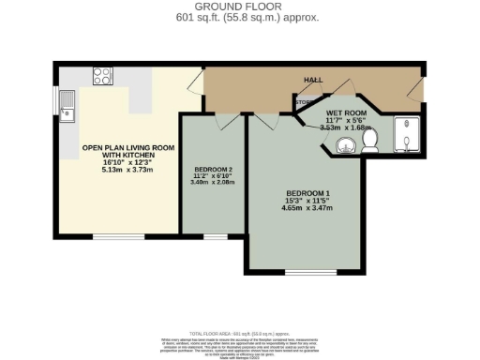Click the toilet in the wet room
point(369,142)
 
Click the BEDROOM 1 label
point(308,195)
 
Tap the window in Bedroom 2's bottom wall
point(214,235)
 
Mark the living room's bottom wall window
point(119,235)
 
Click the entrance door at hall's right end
point(419,88)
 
